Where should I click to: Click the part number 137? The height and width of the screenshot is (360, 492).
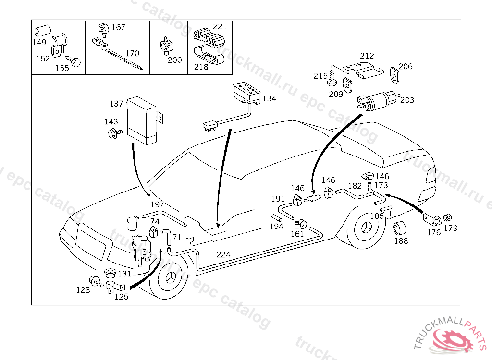[116, 103]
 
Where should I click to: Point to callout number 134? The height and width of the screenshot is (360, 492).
[269, 98]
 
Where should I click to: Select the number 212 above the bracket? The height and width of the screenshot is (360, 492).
[367, 56]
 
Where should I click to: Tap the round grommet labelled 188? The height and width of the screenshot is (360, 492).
[400, 229]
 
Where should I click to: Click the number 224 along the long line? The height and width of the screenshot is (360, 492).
[223, 254]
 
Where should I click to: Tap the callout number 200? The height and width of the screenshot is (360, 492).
[175, 60]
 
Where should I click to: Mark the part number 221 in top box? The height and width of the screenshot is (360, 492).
[220, 26]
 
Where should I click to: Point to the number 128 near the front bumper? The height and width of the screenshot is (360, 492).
[83, 290]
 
